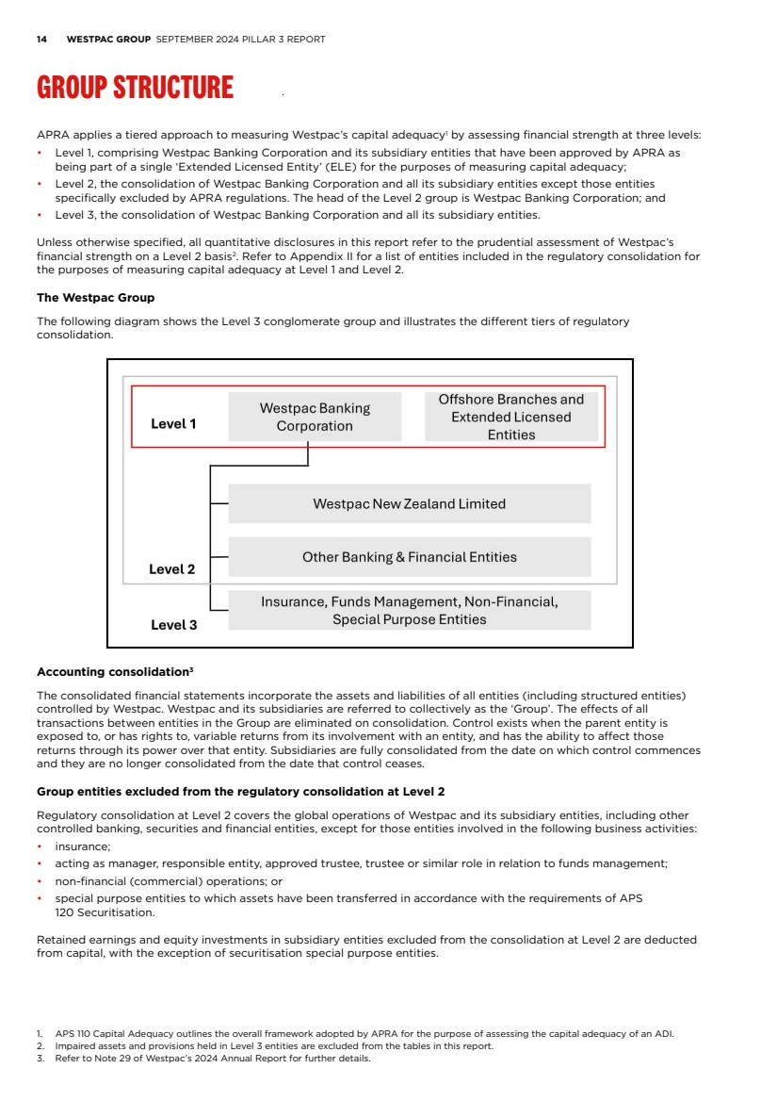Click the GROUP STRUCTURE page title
point(135,88)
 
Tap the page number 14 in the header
point(41,40)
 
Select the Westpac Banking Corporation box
point(315,417)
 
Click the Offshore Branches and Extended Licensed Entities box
point(511,417)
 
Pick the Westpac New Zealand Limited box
point(409,504)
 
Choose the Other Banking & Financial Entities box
point(409,557)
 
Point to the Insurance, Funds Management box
point(409,610)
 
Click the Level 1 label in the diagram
point(173,424)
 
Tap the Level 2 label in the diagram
point(172,569)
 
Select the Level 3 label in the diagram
point(174,624)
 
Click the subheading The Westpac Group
point(95,298)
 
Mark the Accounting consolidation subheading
point(114,672)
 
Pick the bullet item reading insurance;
point(82,846)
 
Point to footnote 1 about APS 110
point(358,1034)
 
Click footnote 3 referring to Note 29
point(212,1058)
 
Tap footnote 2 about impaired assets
point(273,1046)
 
